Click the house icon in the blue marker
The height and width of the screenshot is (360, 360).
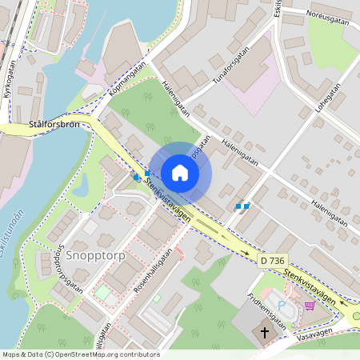(180, 173)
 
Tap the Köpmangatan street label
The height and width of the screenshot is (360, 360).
(127, 82)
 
